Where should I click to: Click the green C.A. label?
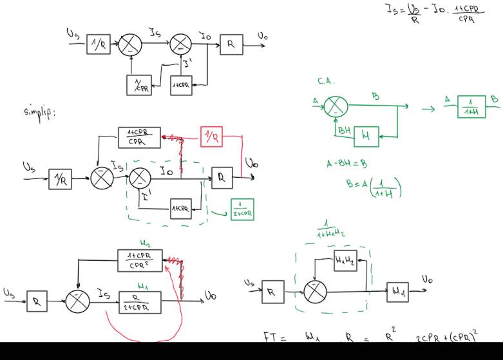pos(326,82)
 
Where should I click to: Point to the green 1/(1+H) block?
pos(471,106)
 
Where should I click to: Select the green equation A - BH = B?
pos(346,164)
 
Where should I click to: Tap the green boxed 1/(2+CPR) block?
pos(242,209)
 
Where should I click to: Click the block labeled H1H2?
pos(345,261)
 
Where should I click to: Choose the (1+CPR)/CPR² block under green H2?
pos(140,260)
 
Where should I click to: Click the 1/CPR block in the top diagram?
pos(138,84)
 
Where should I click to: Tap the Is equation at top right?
pos(435,12)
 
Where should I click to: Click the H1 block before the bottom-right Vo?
pos(397,292)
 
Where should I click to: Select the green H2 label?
pos(145,243)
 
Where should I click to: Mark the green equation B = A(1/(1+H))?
pos(374,187)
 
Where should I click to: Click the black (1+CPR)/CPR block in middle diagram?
pos(139,137)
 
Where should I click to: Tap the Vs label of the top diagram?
pos(73,32)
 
